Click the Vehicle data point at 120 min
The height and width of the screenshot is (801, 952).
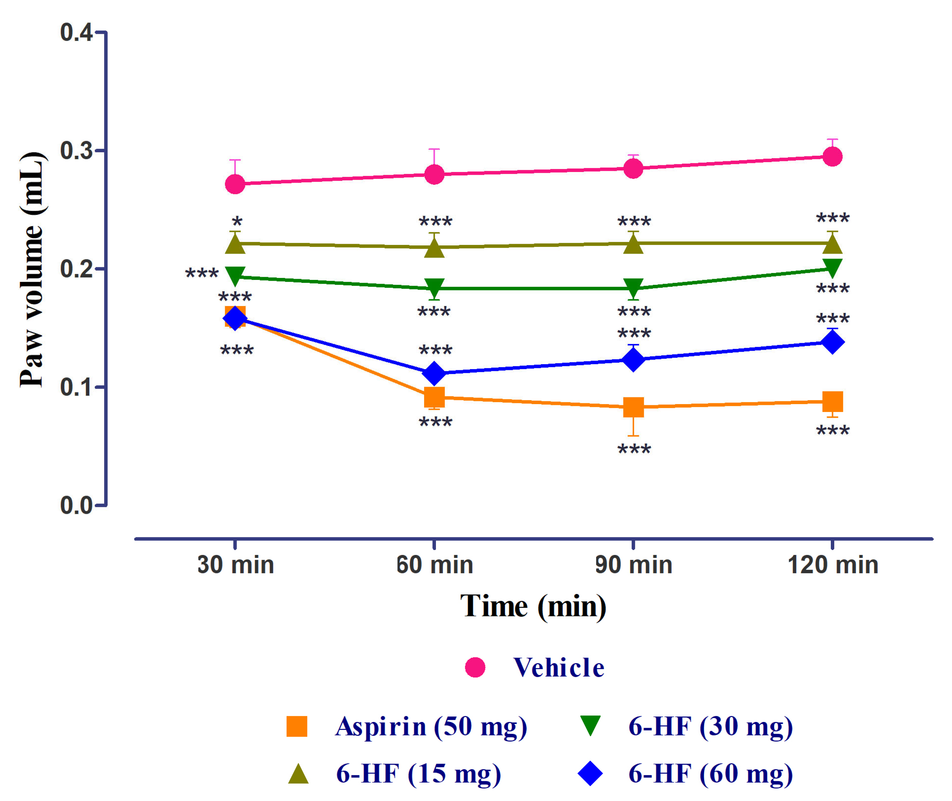click(x=832, y=157)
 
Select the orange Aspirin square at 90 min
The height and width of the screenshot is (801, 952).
click(x=634, y=407)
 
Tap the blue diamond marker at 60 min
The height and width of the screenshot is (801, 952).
click(x=434, y=373)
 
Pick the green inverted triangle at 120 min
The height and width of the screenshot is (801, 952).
click(x=832, y=267)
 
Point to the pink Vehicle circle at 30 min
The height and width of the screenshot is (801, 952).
click(x=235, y=184)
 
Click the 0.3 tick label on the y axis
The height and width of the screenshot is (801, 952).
click(x=76, y=150)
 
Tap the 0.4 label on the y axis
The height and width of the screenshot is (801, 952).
click(x=76, y=33)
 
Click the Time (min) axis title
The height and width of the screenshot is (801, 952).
click(x=533, y=606)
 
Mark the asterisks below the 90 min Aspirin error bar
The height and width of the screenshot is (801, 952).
click(x=634, y=450)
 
